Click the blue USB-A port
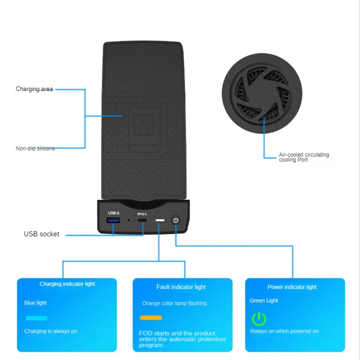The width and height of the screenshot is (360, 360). (x=113, y=221)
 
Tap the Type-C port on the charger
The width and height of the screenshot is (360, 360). (x=142, y=221)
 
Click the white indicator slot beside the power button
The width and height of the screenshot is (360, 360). (x=160, y=221)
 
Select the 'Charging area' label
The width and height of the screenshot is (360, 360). (x=34, y=89)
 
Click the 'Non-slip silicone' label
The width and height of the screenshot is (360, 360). (x=35, y=148)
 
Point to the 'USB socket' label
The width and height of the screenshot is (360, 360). (x=41, y=234)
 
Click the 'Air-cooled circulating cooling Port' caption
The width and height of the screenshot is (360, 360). (x=304, y=157)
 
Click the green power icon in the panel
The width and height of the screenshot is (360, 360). (x=259, y=319)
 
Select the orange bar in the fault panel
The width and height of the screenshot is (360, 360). (x=151, y=318)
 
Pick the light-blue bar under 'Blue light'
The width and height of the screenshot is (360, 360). (x=36, y=318)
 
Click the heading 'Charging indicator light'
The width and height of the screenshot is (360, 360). (x=67, y=284)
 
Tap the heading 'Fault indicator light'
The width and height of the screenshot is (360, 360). (x=181, y=287)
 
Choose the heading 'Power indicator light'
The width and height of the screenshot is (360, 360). (x=292, y=287)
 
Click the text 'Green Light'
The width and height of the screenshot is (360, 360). (x=264, y=301)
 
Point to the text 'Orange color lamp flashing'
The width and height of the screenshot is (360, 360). (x=175, y=303)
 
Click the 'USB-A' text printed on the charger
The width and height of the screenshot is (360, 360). (x=113, y=213)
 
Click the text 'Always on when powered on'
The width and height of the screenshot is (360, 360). (x=284, y=331)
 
